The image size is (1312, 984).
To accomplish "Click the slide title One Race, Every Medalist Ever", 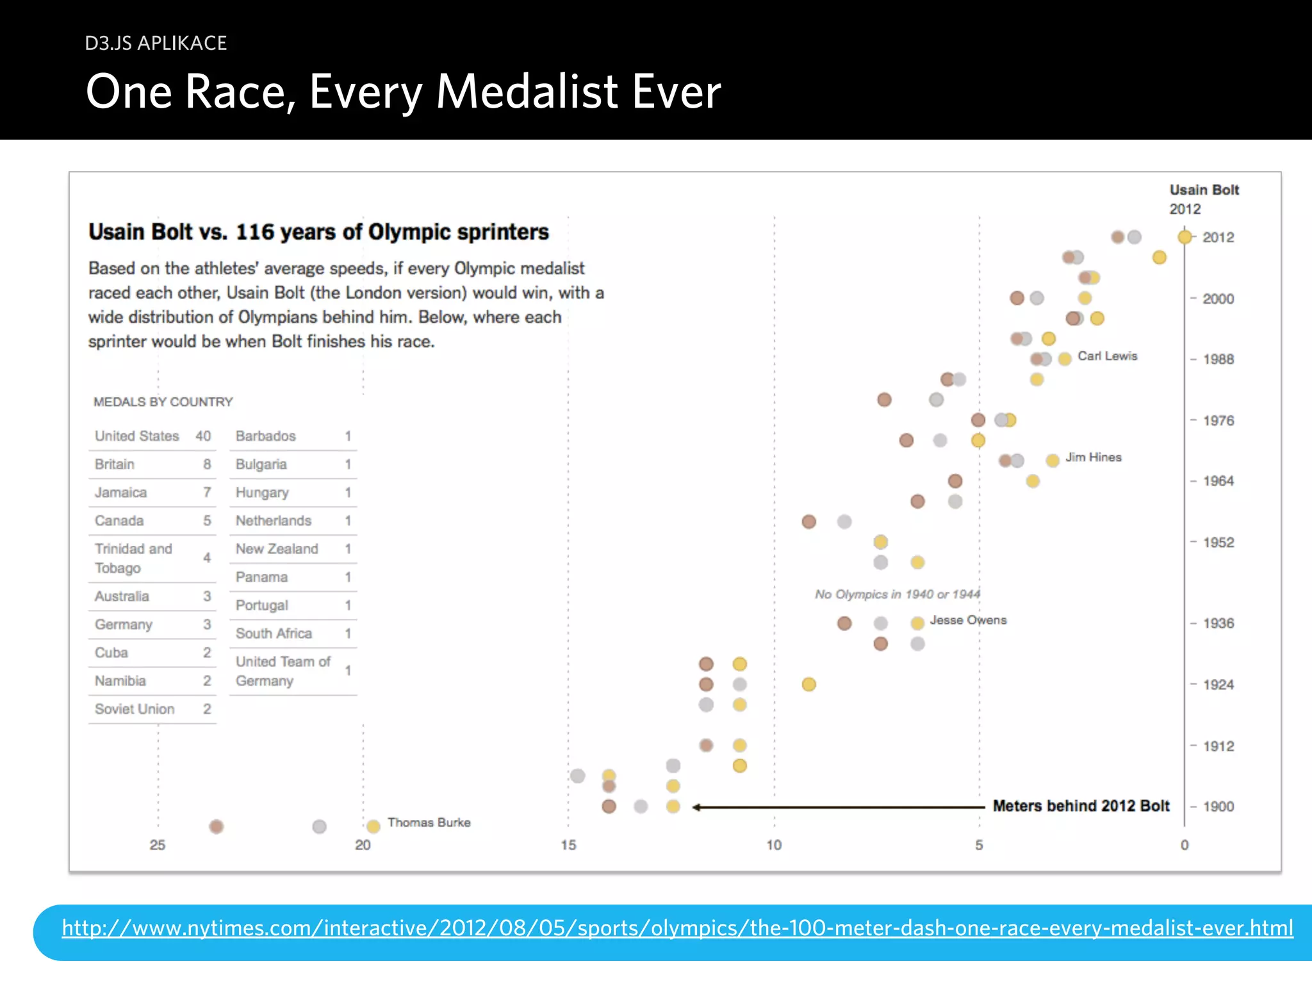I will click(x=404, y=91).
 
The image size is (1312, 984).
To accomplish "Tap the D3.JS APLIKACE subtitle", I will click(x=156, y=43).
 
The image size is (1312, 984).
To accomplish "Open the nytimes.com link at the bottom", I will click(x=677, y=928).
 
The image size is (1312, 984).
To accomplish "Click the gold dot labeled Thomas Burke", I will click(x=373, y=826).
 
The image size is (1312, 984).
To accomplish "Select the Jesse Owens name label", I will click(x=968, y=620).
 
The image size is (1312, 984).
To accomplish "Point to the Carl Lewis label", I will click(x=1107, y=356).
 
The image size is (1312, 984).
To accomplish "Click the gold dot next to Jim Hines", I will click(x=1052, y=461).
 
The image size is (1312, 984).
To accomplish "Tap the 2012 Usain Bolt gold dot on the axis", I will click(x=1185, y=237).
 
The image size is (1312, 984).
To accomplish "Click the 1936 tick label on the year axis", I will click(x=1218, y=623).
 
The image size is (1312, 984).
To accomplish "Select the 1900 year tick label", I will click(x=1218, y=807).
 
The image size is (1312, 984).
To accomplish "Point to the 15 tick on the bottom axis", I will click(x=568, y=845).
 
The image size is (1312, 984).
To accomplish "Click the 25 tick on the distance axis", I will click(x=158, y=845).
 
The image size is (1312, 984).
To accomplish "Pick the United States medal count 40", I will click(x=203, y=436).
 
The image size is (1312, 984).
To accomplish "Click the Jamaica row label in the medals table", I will click(x=121, y=493).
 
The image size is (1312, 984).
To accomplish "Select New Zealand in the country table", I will click(x=277, y=549).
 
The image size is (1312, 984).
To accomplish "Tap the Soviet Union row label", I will click(x=135, y=709).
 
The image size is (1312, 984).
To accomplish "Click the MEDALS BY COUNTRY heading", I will click(x=163, y=402).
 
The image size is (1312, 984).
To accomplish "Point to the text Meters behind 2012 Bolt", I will click(x=1081, y=806).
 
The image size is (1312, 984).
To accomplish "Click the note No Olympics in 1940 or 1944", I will click(x=897, y=594).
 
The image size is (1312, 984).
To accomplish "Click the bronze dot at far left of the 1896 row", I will click(x=217, y=826).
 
